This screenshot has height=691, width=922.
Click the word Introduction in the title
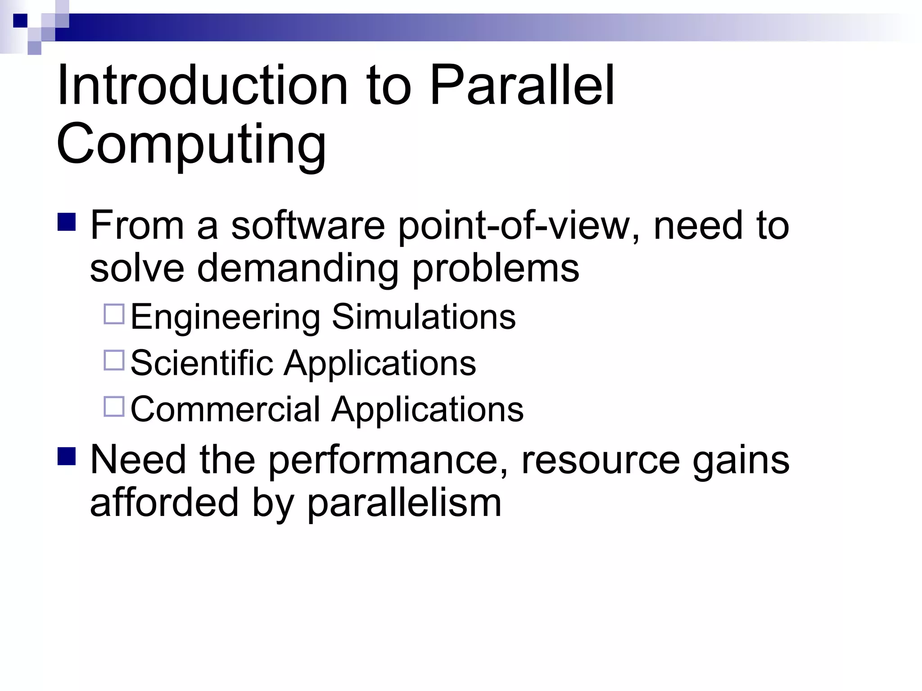(x=203, y=85)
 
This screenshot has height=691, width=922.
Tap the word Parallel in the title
(x=522, y=85)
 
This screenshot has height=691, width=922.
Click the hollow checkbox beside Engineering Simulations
(x=114, y=314)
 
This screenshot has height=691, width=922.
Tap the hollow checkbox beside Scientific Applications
(x=114, y=360)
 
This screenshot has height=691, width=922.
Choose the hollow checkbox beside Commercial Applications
(x=114, y=406)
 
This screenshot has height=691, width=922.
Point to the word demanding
(x=298, y=268)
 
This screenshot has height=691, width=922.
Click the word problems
(x=496, y=269)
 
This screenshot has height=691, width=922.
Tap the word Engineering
(x=226, y=317)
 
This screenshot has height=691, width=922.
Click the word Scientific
(x=202, y=363)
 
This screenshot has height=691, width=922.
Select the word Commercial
(x=225, y=409)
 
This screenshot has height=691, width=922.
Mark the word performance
(x=389, y=461)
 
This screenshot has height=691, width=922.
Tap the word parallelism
(x=404, y=503)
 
